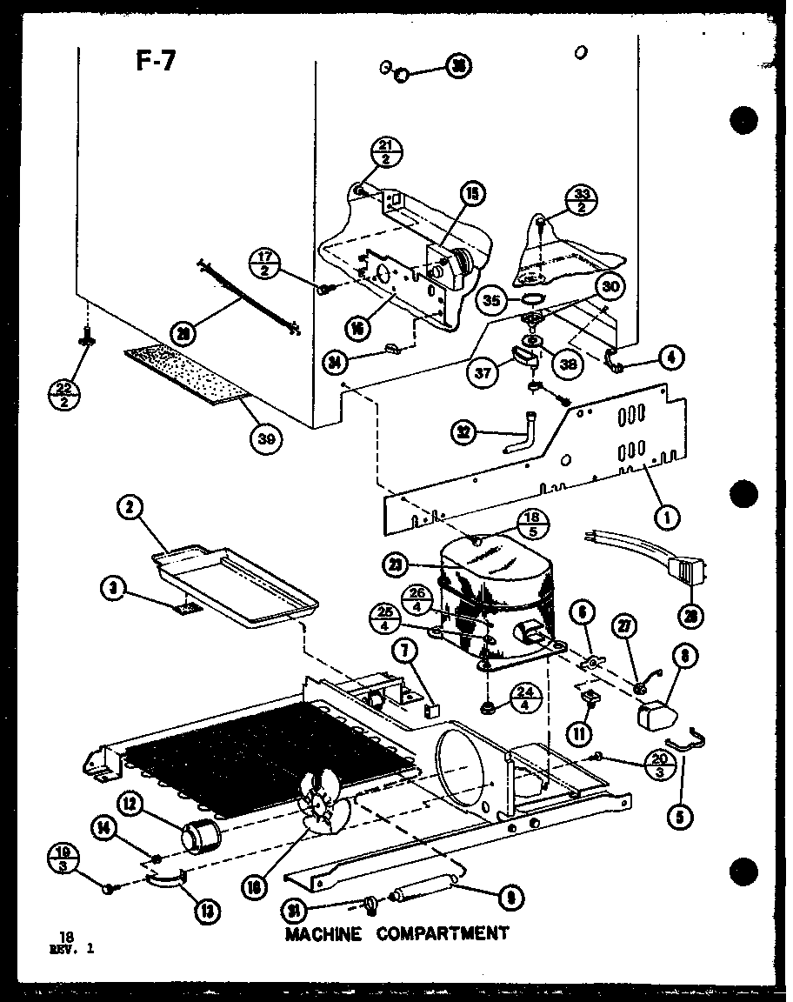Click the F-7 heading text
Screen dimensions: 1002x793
[155, 63]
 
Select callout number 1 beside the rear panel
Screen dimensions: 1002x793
[667, 518]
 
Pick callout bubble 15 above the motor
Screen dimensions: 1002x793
[474, 196]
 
